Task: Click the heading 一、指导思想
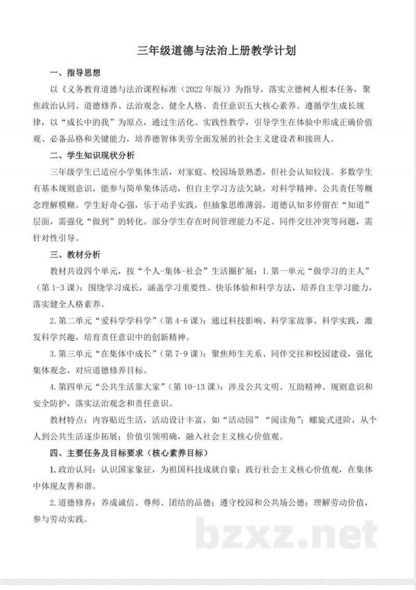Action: [75, 72]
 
